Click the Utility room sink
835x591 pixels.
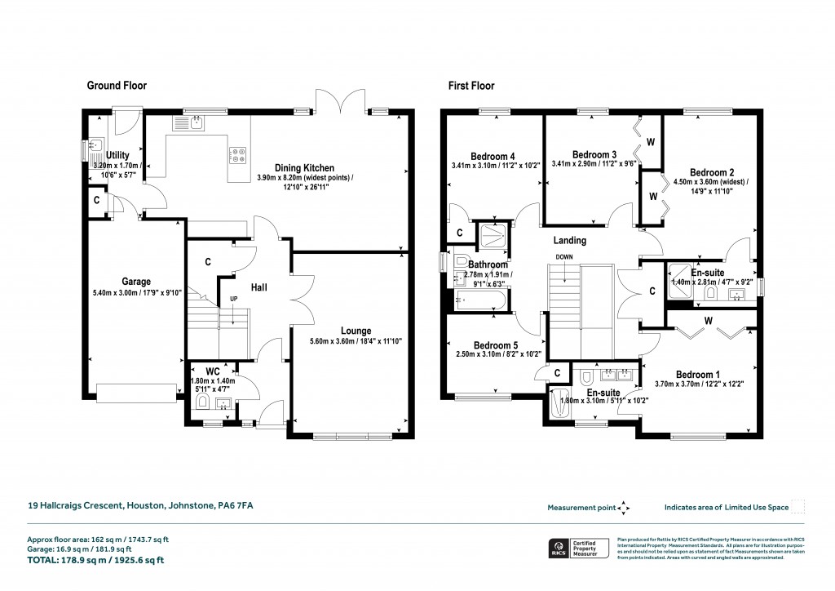point(96,147)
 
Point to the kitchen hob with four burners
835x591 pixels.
point(237,154)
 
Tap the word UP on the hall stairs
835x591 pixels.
point(233,300)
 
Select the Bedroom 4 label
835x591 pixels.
point(493,157)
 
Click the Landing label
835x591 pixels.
point(569,241)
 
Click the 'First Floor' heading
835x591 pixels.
point(470,86)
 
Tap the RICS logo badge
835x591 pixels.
point(559,548)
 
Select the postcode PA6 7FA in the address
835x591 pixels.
point(235,506)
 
